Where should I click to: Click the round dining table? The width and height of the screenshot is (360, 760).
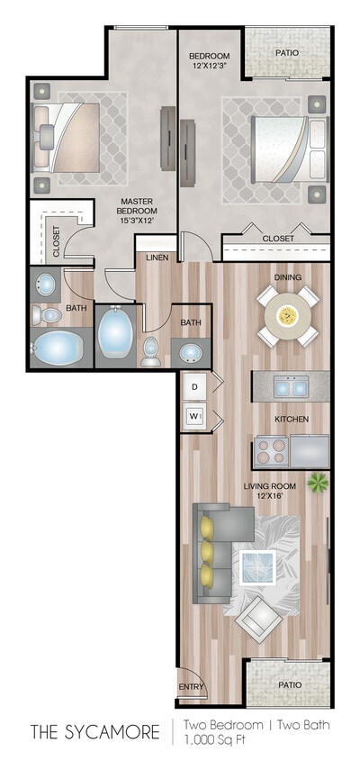[288, 314]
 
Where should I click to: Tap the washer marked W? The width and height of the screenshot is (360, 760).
[193, 416]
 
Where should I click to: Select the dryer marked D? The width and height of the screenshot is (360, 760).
[193, 388]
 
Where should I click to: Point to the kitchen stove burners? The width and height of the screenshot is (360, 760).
[273, 447]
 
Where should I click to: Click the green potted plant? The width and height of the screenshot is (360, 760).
[317, 484]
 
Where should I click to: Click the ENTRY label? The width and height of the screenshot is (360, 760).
[192, 688]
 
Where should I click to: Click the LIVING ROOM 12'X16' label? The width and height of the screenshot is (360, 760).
[268, 493]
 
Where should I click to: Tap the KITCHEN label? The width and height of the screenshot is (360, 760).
[292, 420]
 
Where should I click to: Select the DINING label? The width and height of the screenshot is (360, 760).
[288, 277]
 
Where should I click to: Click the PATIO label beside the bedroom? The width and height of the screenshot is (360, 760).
[288, 52]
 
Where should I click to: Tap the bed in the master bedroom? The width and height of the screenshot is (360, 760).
[67, 136]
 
